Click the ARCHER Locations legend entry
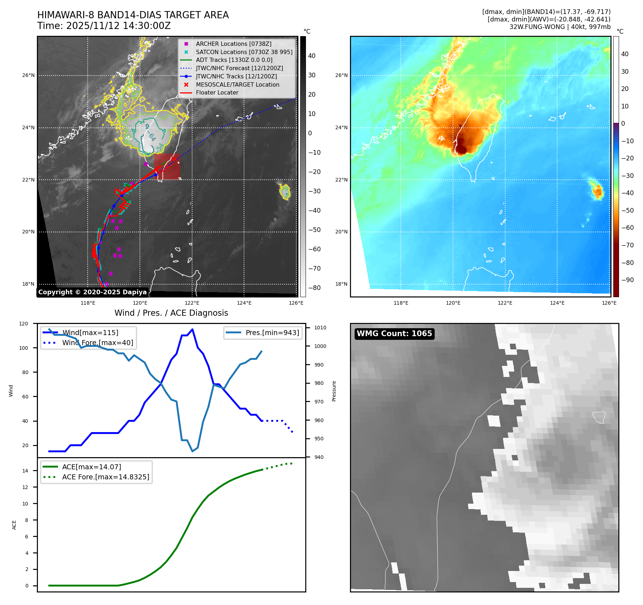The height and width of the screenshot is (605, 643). pyautogui.click(x=233, y=44)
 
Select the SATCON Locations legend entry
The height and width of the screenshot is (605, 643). pyautogui.click(x=244, y=52)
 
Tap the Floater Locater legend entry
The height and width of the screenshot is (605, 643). pyautogui.click(x=217, y=92)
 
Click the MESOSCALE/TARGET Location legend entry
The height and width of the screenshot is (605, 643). pyautogui.click(x=237, y=84)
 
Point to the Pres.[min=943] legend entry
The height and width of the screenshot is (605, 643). pyautogui.click(x=272, y=333)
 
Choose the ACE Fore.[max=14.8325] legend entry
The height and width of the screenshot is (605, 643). pyautogui.click(x=106, y=477)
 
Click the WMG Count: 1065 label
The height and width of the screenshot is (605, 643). pyautogui.click(x=394, y=334)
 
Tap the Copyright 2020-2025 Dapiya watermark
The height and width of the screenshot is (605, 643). pyautogui.click(x=92, y=292)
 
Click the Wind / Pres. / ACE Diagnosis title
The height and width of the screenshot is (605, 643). pyautogui.click(x=171, y=313)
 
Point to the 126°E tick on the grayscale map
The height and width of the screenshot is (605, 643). pyautogui.click(x=296, y=303)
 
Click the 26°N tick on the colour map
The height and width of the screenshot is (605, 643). pyautogui.click(x=341, y=76)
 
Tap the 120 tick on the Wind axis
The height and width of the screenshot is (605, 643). pyautogui.click(x=24, y=324)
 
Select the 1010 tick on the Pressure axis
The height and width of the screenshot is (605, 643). pyautogui.click(x=320, y=328)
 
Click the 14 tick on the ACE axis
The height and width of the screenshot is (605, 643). pyautogui.click(x=25, y=471)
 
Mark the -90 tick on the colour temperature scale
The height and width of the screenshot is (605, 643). pyautogui.click(x=627, y=280)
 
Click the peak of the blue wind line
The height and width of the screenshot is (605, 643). pyautogui.click(x=193, y=329)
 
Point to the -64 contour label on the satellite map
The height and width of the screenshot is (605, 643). pyautogui.click(x=152, y=137)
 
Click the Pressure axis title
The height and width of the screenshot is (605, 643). pyautogui.click(x=334, y=391)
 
